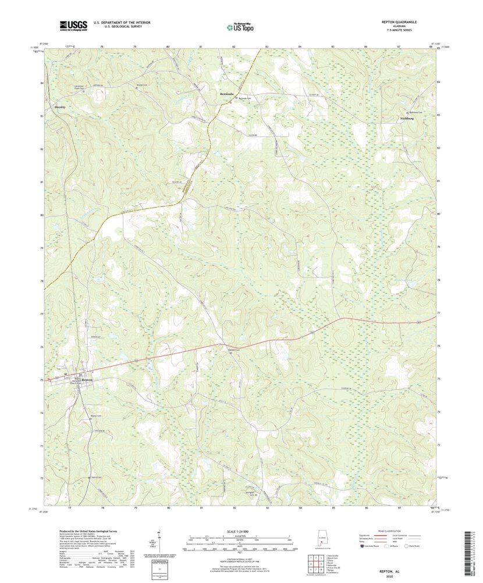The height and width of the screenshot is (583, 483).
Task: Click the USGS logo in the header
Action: click(x=73, y=25)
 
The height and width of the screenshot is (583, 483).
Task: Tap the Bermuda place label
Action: click(x=226, y=93)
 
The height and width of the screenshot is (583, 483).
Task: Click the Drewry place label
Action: click(x=59, y=108)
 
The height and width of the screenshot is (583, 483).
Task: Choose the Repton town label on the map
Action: click(x=87, y=380)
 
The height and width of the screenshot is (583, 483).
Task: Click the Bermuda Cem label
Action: click(x=247, y=98)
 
